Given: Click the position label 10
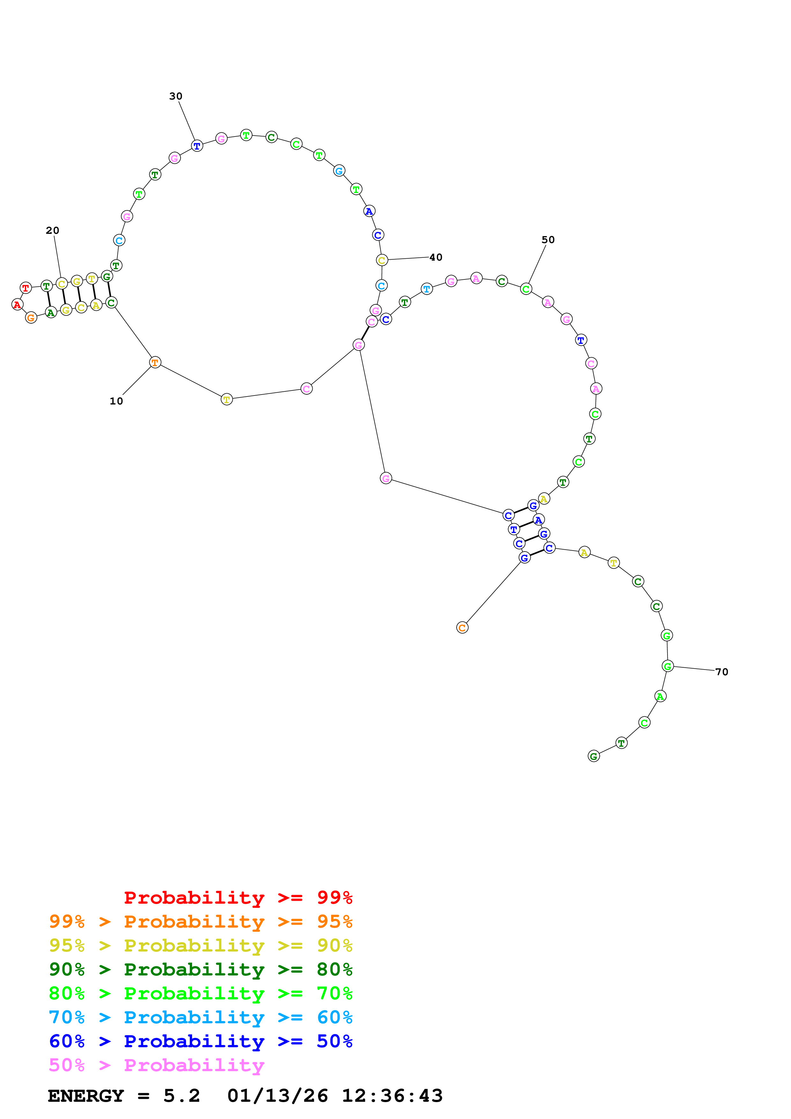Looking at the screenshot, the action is click(x=116, y=401).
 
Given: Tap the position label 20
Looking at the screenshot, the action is click(x=53, y=231).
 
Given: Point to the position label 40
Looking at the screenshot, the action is click(x=436, y=257).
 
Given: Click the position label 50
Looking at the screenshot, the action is click(x=548, y=240).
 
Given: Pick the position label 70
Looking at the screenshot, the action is click(x=722, y=672).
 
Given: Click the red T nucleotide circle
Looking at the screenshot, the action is click(x=26, y=288).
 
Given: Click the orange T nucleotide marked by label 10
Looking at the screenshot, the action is click(x=155, y=362).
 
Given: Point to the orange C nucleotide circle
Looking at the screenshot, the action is click(x=463, y=628).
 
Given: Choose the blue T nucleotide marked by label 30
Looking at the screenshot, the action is click(x=197, y=146).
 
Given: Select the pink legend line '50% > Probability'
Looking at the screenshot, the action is click(x=157, y=1065).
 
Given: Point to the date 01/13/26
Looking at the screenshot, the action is click(x=277, y=1096).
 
